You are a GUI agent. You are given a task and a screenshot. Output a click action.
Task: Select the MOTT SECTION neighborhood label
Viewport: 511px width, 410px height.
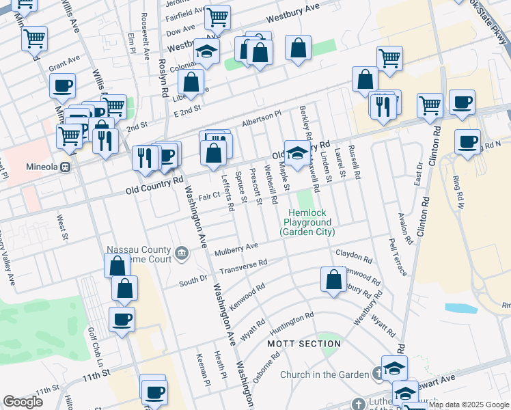tap(303, 343)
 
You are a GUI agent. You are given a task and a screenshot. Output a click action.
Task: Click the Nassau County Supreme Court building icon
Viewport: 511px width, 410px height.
tap(182, 254)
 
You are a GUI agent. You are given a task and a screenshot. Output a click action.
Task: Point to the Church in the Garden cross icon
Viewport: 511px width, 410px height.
tap(378, 374)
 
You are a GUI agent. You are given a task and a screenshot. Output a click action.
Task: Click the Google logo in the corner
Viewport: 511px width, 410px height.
tap(23, 402)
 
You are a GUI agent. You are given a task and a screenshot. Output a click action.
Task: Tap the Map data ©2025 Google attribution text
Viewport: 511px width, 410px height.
tap(469, 405)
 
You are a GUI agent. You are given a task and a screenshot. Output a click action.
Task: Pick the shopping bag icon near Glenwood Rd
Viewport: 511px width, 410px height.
tap(333, 279)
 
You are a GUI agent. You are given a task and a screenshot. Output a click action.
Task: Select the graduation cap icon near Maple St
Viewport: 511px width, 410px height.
tap(296, 153)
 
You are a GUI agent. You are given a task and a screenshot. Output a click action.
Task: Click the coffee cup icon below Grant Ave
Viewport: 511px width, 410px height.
tap(62, 85)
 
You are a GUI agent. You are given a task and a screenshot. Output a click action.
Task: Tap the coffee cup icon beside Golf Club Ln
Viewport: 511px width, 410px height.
tap(122, 318)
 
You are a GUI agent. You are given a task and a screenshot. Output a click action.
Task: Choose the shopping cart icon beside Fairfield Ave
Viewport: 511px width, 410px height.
tap(217, 16)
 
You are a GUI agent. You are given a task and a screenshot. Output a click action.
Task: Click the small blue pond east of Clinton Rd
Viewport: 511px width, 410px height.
tap(465, 307)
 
